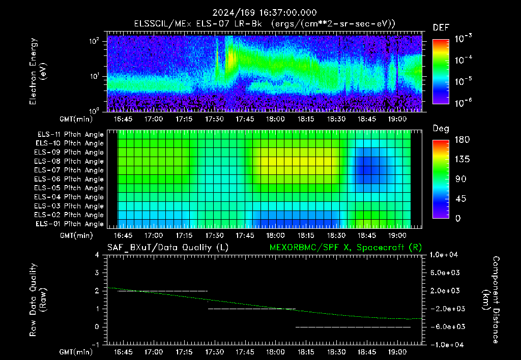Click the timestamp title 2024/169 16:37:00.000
tap(265, 13)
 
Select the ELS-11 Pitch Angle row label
tap(70, 135)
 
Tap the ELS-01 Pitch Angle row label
tap(70, 224)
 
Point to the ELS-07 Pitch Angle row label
tap(69, 170)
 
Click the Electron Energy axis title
tap(37, 71)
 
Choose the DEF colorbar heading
tap(441, 27)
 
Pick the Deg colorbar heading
tap(441, 129)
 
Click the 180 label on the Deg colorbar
tap(462, 139)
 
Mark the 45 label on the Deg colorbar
tap(460, 199)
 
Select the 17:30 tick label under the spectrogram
tap(214, 119)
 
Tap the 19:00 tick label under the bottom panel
tap(397, 352)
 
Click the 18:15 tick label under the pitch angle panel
tap(306, 235)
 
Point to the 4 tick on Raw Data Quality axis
tap(97, 255)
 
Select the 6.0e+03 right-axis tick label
tap(445, 273)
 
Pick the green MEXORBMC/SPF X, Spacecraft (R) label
tap(345, 248)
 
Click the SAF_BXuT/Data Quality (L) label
tap(168, 248)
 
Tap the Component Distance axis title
tap(491, 300)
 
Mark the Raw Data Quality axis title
tap(38, 299)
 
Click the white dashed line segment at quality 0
tap(353, 327)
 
